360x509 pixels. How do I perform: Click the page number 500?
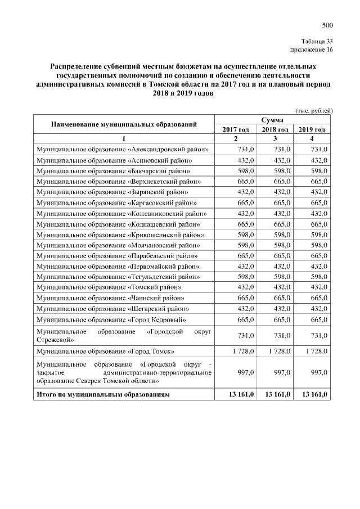point(328,25)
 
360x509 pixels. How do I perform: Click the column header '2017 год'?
point(236,129)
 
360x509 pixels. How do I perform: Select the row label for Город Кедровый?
point(111,319)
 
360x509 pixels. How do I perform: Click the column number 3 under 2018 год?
point(274,138)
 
